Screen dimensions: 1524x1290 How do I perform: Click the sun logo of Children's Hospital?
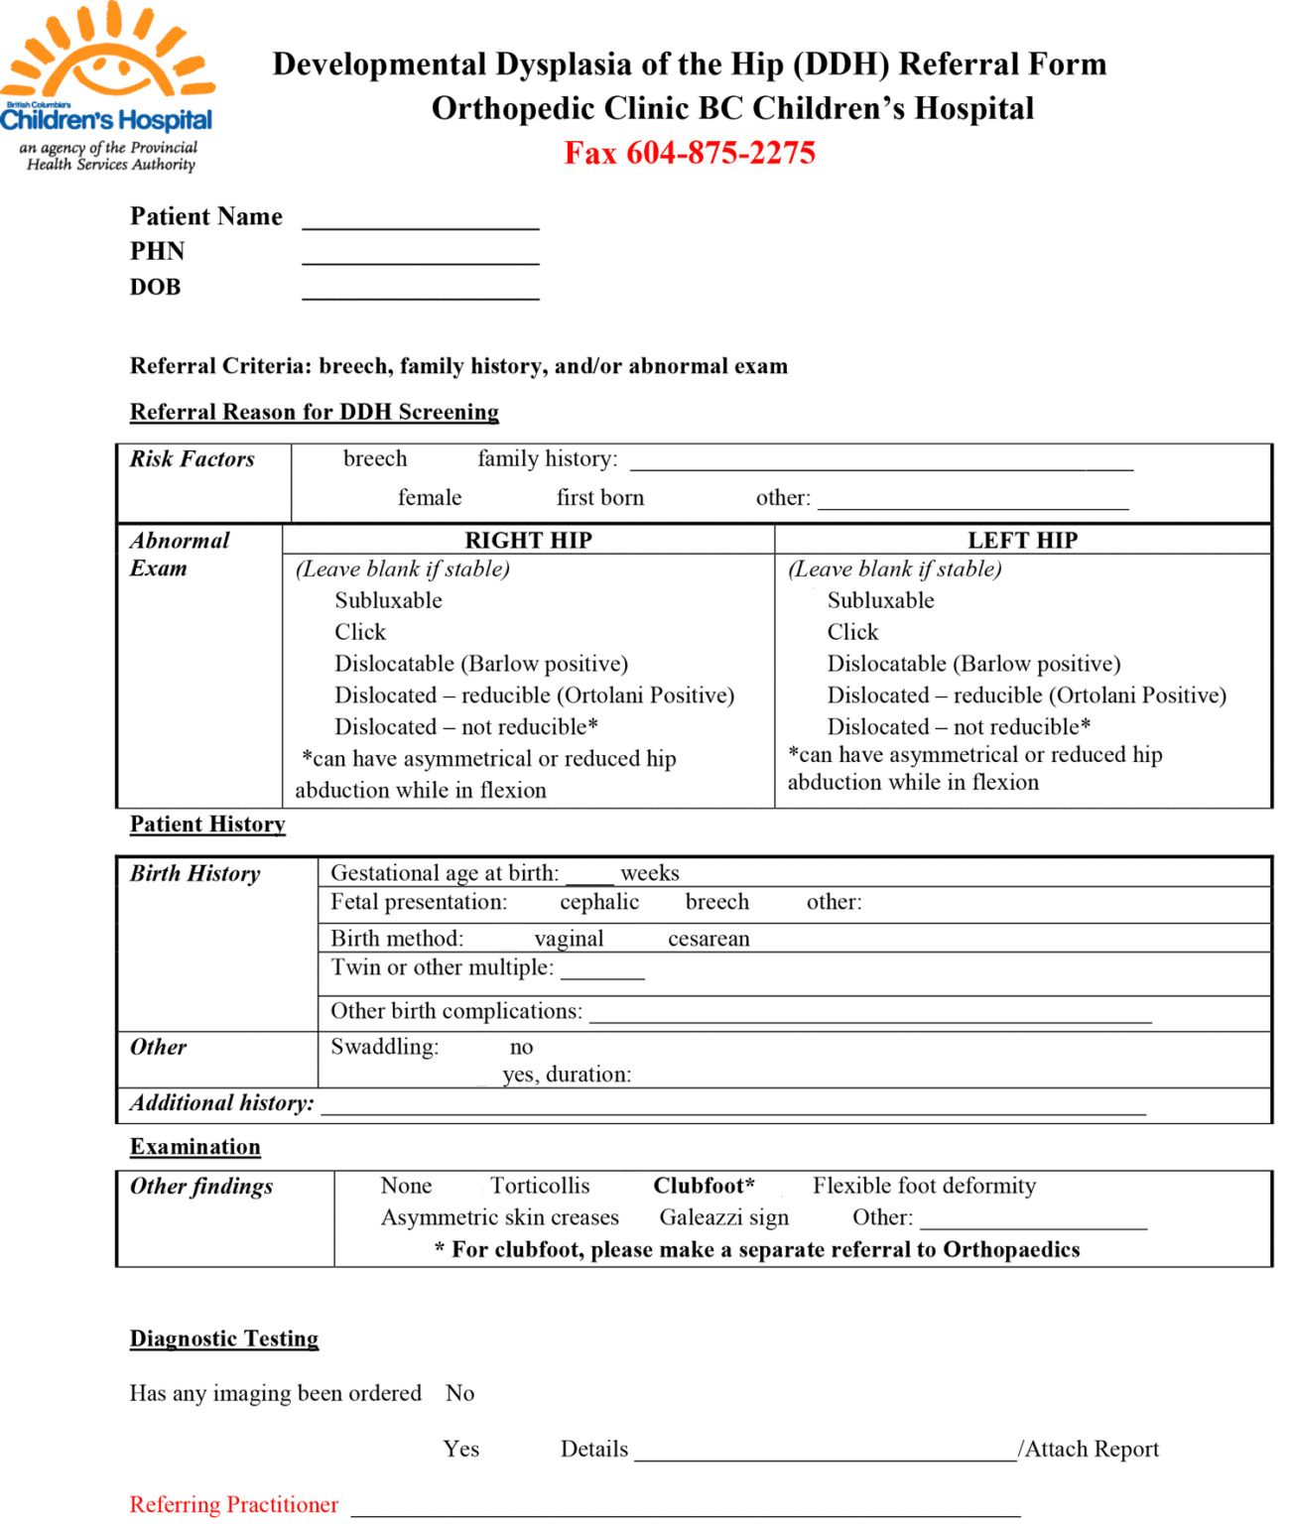pos(107,55)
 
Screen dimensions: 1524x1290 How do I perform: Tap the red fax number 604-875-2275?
pos(690,153)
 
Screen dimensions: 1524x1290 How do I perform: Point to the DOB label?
pos(155,287)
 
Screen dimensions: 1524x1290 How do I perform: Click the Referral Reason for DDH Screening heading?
pos(314,412)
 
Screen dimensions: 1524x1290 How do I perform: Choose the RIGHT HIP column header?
pos(528,540)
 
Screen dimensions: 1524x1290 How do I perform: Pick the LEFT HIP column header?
pos(1022,540)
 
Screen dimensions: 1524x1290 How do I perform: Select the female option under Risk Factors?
pos(430,497)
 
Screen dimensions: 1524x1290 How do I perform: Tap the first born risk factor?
pos(599,497)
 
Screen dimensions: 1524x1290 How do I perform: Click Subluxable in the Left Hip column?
pos(880,600)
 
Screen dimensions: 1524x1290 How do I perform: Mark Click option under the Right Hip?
pos(359,632)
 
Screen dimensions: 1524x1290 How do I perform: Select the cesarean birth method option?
pos(709,939)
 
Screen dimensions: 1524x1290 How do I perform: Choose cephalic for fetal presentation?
pos(598,902)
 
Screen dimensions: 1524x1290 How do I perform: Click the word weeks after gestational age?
pos(649,873)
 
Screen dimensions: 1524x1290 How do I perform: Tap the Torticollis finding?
pos(540,1186)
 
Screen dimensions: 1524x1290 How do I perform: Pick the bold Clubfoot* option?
pos(704,1186)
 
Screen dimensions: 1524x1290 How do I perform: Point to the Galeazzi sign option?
pos(723,1217)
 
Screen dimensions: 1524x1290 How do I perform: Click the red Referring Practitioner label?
pos(234,1504)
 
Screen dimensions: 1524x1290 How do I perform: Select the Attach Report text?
pos(1091,1449)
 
